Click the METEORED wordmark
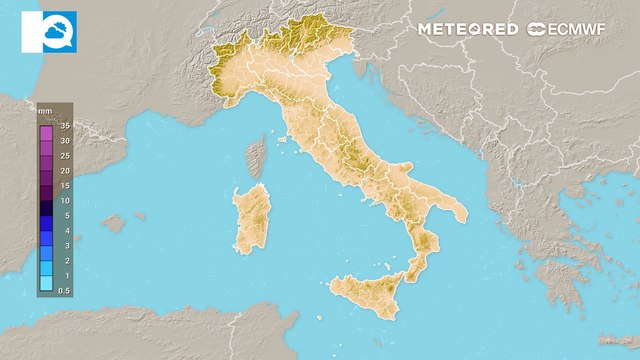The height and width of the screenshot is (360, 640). (x=468, y=30)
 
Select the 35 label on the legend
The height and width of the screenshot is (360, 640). (x=65, y=127)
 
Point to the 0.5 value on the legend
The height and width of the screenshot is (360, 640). (x=65, y=290)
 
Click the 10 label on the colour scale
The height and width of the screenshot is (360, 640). (x=65, y=200)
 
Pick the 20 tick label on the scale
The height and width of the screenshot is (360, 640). (x=65, y=171)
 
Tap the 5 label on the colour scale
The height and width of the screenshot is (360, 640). (x=65, y=215)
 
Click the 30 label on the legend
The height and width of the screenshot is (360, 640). (x=65, y=142)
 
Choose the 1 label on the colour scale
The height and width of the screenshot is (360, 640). (x=65, y=274)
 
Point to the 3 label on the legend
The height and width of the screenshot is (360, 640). (x=65, y=245)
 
